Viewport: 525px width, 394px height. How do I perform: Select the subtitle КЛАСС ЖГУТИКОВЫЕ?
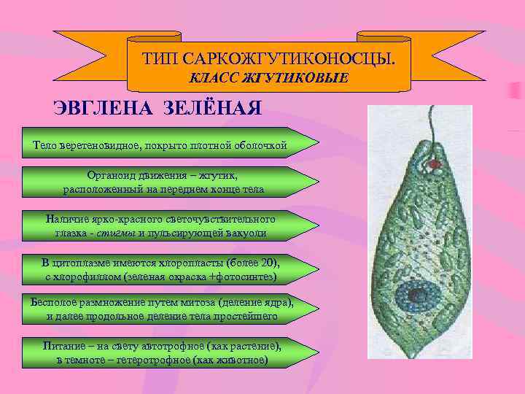[269, 78]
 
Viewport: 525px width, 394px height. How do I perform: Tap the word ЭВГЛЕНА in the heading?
[92, 109]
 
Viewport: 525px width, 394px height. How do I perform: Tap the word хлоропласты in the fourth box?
[190, 263]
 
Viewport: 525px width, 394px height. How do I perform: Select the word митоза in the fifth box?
[190, 301]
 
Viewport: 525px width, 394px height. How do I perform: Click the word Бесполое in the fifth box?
[53, 301]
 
